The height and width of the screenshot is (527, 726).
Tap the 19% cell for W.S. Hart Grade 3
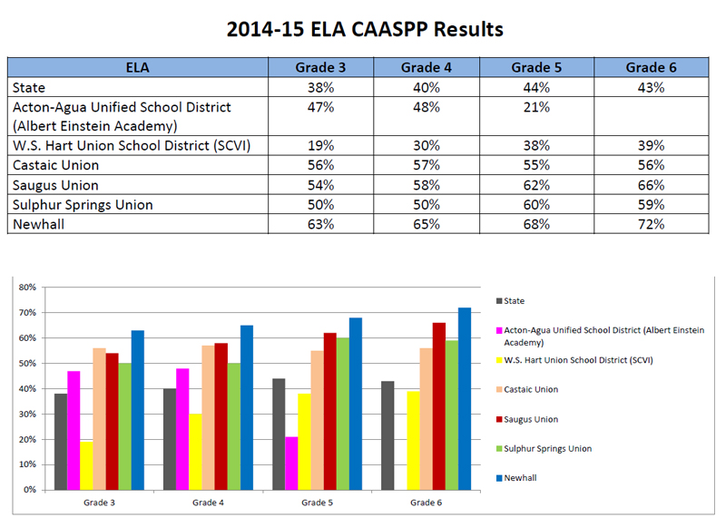321,145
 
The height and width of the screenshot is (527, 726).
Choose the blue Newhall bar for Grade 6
464,399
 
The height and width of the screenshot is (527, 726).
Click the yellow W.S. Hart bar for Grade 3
87,465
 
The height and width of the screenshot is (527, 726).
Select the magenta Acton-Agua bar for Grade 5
290,463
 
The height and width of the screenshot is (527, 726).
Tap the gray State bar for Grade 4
169,439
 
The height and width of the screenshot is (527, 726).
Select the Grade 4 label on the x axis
208,503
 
